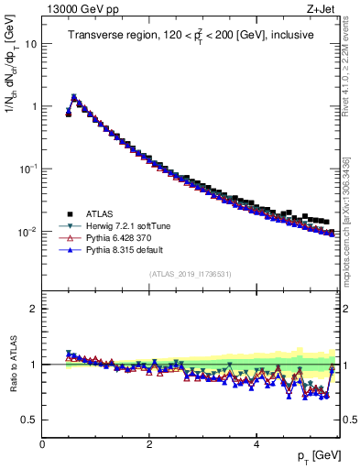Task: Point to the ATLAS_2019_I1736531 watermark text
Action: (190, 274)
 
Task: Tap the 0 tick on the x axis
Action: (42, 442)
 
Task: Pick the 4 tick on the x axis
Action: (256, 442)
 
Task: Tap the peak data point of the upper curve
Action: (74, 97)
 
